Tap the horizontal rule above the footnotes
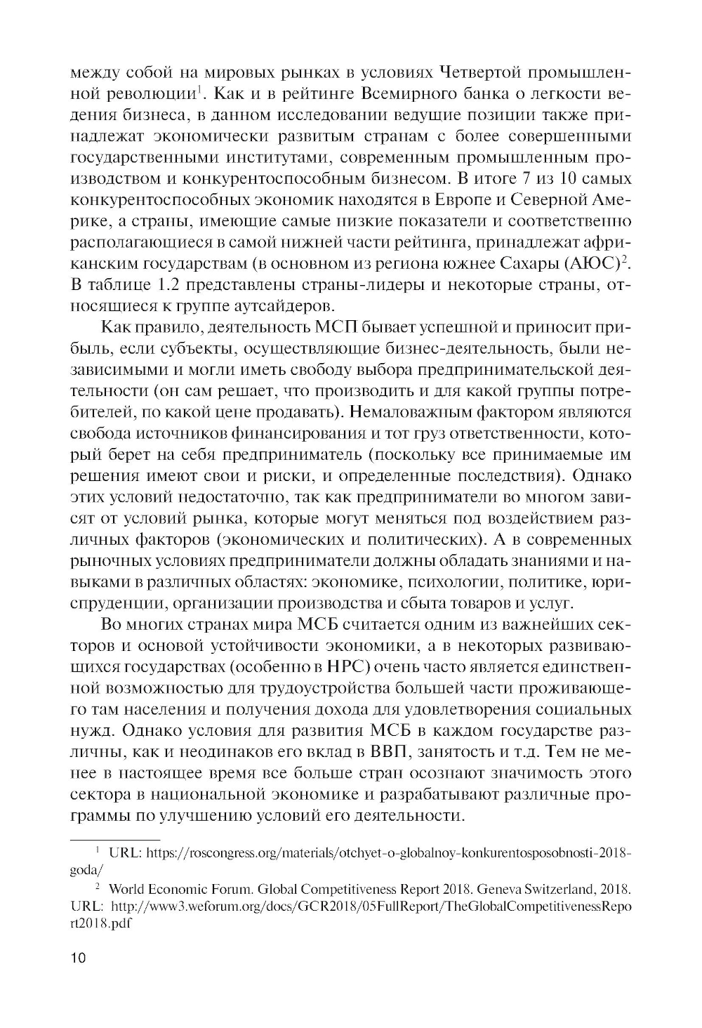[x=116, y=838]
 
